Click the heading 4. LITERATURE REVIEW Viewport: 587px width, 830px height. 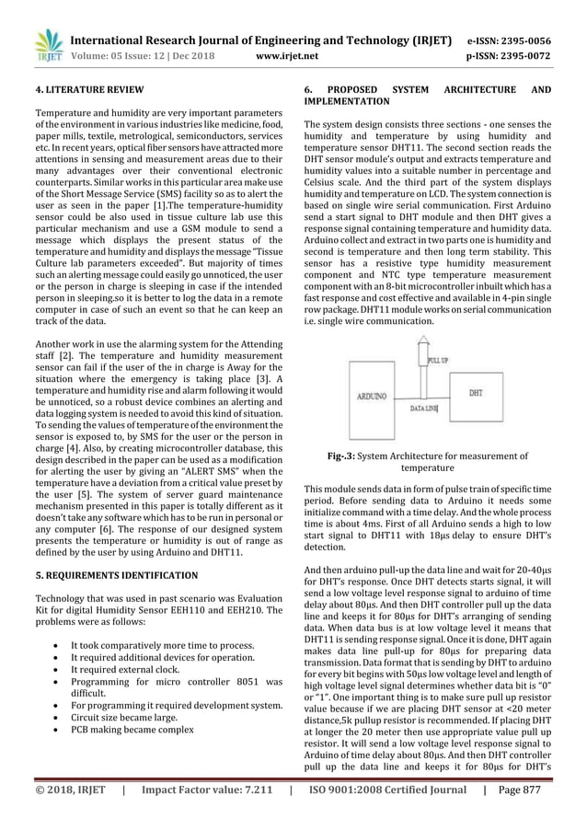click(88, 90)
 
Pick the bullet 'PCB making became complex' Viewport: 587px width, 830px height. click(155, 730)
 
